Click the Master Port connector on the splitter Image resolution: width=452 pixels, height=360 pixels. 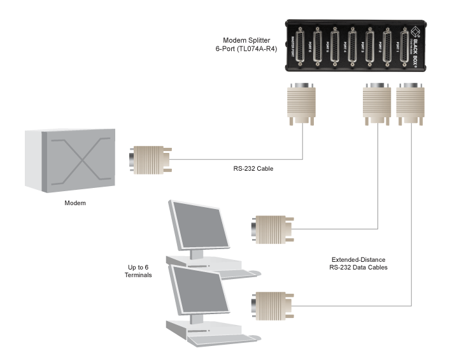pyautogui.click(x=299, y=50)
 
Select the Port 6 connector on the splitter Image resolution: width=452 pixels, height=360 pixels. pyautogui.click(x=316, y=50)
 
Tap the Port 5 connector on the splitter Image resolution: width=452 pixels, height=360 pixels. pyautogui.click(x=334, y=50)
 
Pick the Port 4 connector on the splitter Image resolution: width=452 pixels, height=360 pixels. pyautogui.click(x=352, y=50)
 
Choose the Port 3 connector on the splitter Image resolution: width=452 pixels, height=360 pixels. pyautogui.click(x=369, y=50)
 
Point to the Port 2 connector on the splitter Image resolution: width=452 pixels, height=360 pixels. pyautogui.click(x=387, y=50)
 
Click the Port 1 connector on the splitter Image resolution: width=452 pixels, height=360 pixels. pyautogui.click(x=404, y=50)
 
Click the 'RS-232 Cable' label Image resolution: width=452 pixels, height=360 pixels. pyautogui.click(x=253, y=169)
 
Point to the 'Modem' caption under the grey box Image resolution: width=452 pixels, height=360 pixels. pyautogui.click(x=75, y=203)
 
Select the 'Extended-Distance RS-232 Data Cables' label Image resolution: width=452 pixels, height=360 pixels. pyautogui.click(x=360, y=264)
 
